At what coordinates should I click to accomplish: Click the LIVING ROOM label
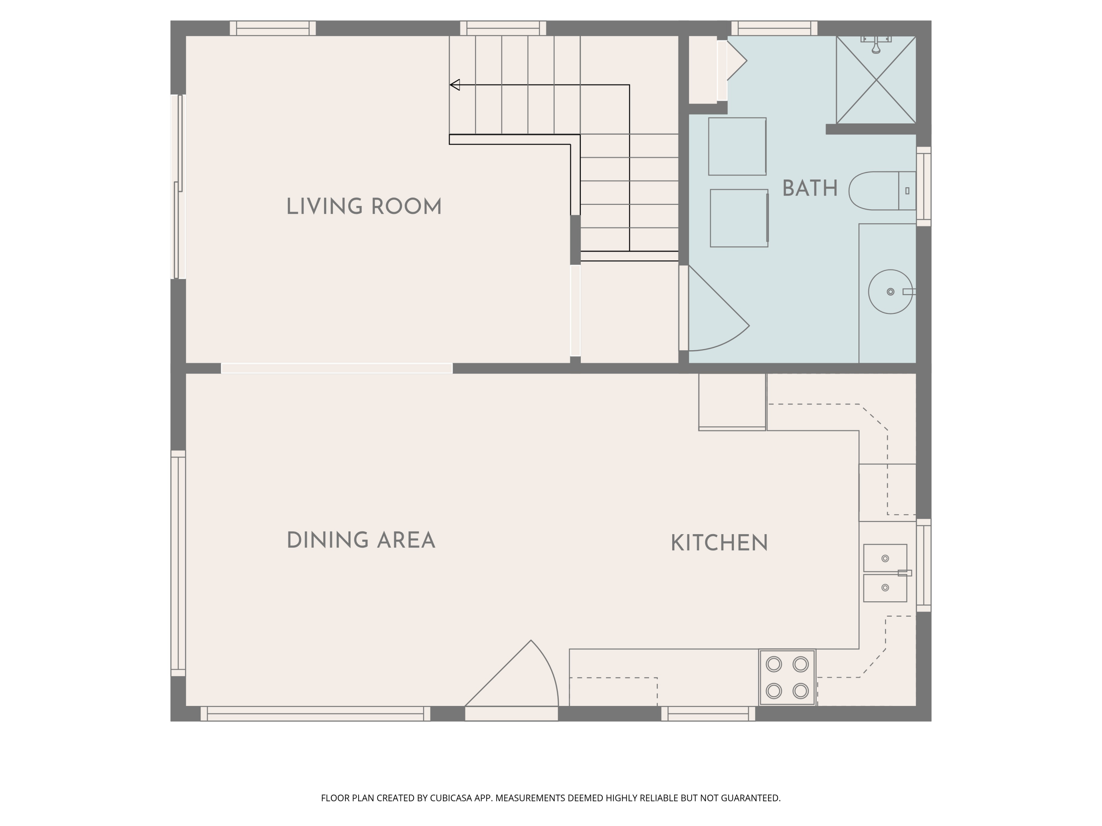pos(364,207)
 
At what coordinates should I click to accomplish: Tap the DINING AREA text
pos(361,540)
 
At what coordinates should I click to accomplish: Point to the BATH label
pos(810,189)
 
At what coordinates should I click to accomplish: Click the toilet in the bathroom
pos(882,191)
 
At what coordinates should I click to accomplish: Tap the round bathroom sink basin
pos(890,292)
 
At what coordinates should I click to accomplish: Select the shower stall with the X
pos(876,80)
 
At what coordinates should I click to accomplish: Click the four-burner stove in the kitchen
pos(787,677)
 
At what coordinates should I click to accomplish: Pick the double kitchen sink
pos(885,573)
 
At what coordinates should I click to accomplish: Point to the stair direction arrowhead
pos(454,85)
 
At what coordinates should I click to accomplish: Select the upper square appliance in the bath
pos(737,146)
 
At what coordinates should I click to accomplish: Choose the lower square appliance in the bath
pos(739,218)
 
